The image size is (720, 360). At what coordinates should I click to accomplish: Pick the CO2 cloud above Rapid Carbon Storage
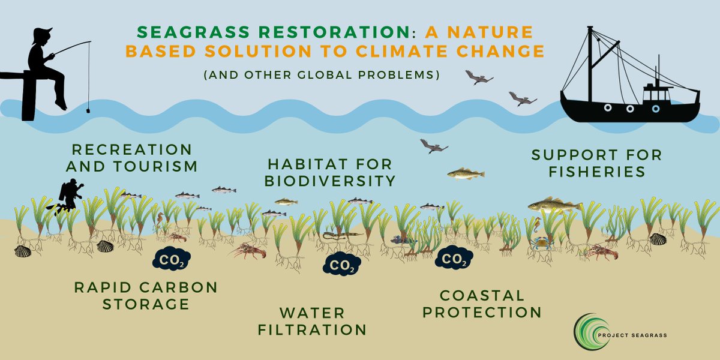(x=172, y=259)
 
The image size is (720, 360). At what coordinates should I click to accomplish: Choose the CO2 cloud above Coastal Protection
(x=454, y=258)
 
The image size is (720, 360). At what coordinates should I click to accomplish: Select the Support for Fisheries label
(x=596, y=163)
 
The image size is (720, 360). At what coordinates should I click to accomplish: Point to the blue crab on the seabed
(x=541, y=244)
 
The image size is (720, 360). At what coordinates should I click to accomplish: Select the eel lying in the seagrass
(x=342, y=235)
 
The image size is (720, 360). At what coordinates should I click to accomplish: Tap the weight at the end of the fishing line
(x=87, y=110)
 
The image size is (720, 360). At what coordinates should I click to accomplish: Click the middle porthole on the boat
(x=630, y=109)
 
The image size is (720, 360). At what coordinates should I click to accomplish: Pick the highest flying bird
(x=478, y=77)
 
